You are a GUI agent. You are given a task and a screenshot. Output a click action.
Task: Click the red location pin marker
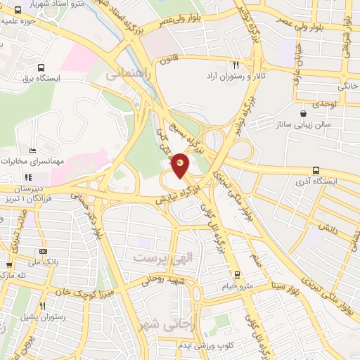[x=181, y=165]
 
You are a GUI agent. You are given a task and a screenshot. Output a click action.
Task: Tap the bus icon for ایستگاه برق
[x=41, y=69]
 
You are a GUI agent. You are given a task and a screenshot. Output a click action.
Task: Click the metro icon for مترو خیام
[x=236, y=275]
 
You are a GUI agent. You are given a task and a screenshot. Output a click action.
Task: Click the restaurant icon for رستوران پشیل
[x=42, y=307]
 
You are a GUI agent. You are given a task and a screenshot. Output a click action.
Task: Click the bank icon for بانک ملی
[x=44, y=251]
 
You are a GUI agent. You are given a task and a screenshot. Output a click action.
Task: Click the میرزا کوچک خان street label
[x=70, y=289]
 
